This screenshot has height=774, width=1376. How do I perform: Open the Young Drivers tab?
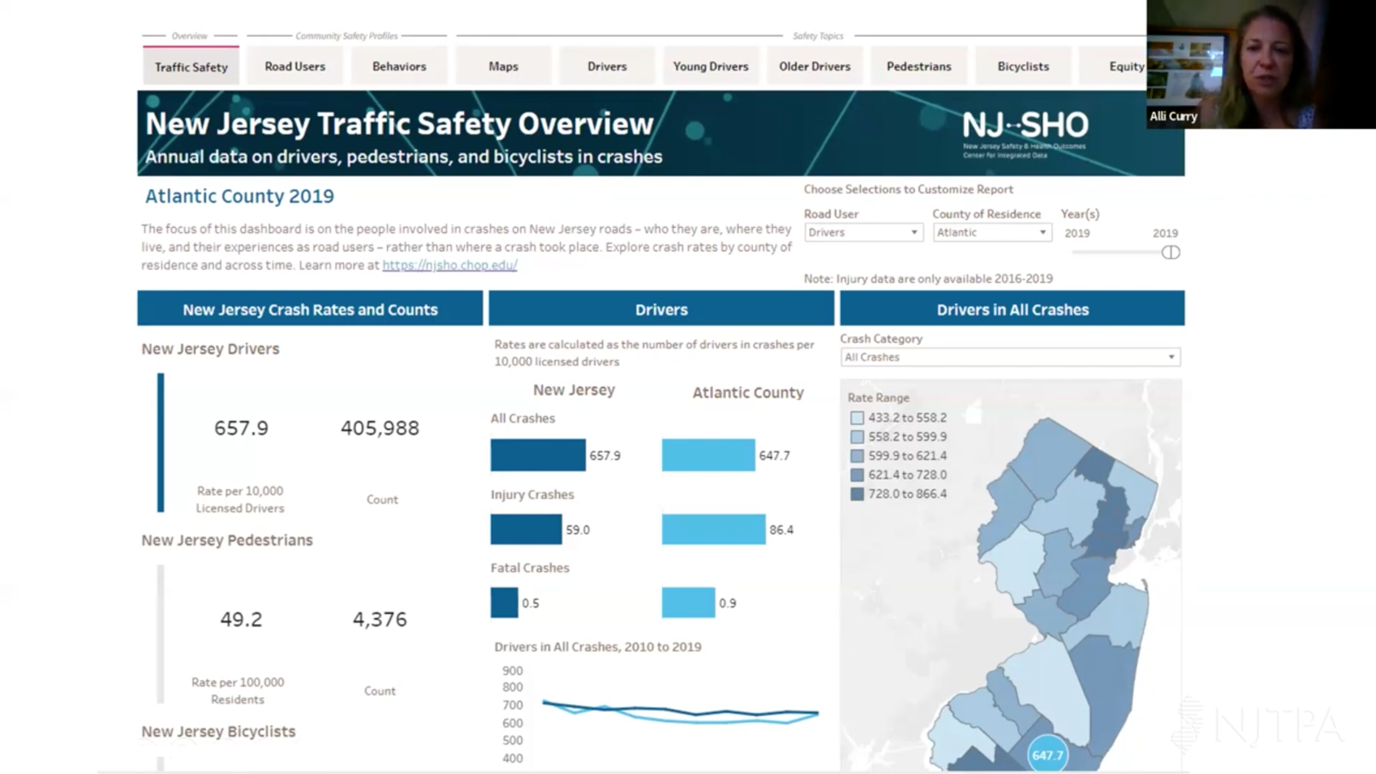(710, 66)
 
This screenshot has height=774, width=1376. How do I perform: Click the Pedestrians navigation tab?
(918, 66)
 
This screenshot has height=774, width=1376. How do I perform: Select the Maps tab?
(503, 66)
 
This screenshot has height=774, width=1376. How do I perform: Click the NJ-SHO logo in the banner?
(1024, 132)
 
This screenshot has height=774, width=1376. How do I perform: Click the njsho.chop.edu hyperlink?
(450, 266)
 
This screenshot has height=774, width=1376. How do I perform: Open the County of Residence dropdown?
(992, 232)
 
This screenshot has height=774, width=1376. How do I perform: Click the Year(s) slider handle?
(1170, 252)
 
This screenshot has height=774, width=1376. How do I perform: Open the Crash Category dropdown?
(1010, 357)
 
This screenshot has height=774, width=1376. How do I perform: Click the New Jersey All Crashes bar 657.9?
(537, 455)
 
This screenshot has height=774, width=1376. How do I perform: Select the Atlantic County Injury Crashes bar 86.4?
(713, 529)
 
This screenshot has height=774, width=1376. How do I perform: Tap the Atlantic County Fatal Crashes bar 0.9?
(688, 602)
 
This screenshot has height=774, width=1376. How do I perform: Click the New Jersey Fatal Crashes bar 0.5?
(504, 602)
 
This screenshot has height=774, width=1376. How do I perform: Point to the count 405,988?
(379, 428)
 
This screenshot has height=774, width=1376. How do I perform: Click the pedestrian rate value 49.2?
(241, 619)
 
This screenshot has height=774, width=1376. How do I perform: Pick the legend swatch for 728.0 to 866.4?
(857, 494)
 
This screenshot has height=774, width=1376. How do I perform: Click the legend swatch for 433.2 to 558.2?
(857, 418)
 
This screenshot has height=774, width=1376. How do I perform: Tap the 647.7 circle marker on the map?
(1047, 754)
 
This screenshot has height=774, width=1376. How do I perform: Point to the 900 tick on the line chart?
(513, 671)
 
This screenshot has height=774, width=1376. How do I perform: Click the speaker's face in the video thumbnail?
(1267, 64)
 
